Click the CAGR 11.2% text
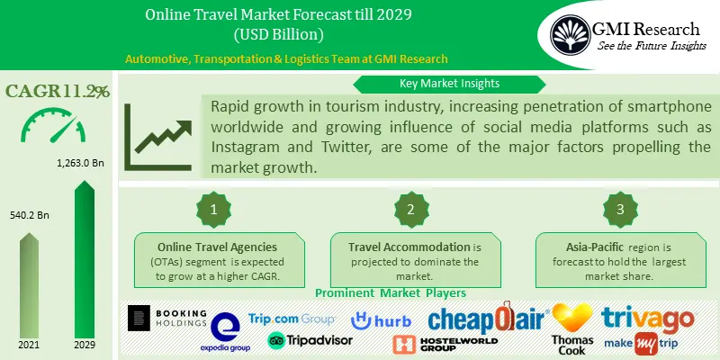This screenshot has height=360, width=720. pyautogui.click(x=57, y=91)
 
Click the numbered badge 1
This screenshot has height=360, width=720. pyautogui.click(x=214, y=210)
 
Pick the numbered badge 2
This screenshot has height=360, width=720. pyautogui.click(x=411, y=210)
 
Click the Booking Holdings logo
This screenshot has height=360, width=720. pyautogui.click(x=167, y=319)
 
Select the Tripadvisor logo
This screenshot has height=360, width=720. pyautogui.click(x=301, y=340)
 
